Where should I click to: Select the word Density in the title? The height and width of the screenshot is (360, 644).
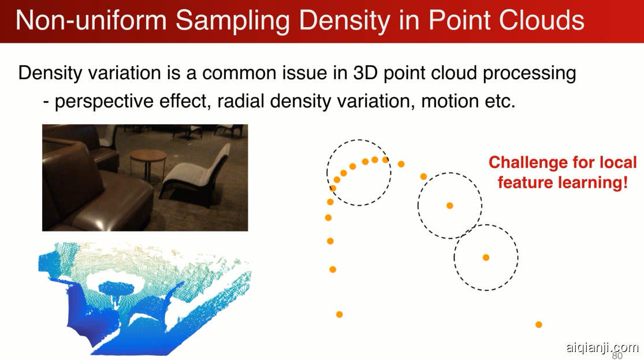[345, 21]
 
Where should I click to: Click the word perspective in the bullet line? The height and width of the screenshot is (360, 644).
[103, 101]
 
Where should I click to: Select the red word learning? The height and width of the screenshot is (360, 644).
[594, 182]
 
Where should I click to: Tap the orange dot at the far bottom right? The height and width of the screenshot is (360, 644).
[539, 325]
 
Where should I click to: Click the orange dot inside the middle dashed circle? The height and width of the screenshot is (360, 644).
[450, 206]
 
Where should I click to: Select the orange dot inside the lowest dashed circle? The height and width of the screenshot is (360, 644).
[486, 258]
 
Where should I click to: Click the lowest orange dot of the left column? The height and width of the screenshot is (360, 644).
[339, 314]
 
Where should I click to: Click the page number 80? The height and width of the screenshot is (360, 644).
[617, 355]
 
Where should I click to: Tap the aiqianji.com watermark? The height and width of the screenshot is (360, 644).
[602, 348]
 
